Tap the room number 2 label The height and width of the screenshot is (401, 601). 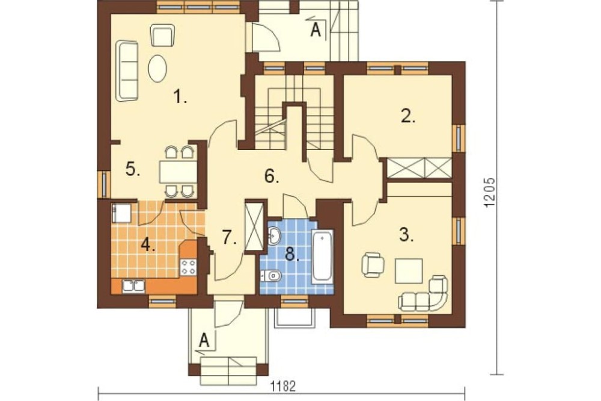408,116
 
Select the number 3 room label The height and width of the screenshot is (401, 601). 406,234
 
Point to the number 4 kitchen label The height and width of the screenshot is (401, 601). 148,244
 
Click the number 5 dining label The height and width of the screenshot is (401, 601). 133,169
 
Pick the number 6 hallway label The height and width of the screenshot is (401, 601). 272,176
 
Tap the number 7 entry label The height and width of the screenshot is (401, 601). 229,238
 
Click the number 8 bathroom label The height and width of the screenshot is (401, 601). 292,254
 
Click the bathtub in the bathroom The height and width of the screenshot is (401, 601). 322,256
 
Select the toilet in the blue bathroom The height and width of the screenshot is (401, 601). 272,276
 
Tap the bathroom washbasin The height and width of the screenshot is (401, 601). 274,235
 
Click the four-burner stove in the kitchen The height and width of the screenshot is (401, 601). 189,267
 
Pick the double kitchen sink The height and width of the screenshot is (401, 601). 133,287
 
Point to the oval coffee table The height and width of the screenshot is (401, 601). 157,69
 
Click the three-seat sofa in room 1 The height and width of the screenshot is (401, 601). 127,71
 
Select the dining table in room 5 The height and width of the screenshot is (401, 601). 178,172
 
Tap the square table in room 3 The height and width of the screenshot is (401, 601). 409,271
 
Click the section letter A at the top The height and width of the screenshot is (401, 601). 316,30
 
